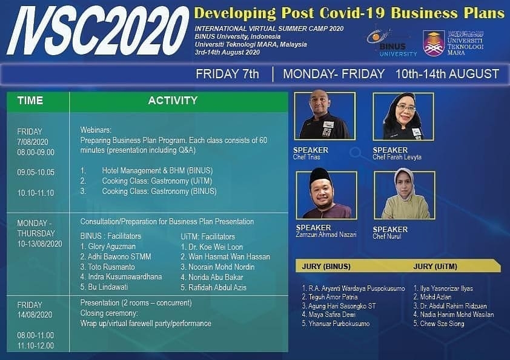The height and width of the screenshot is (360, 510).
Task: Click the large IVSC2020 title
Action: tap(98, 31)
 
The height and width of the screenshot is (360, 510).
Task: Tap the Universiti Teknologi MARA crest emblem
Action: tap(434, 43)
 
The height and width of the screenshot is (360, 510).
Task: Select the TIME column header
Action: tap(30, 100)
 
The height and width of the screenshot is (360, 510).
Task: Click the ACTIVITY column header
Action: tap(173, 100)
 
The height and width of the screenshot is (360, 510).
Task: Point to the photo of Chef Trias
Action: tap(325, 116)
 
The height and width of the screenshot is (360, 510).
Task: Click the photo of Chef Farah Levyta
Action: tap(403, 116)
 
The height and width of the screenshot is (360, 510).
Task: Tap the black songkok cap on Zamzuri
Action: tap(320, 176)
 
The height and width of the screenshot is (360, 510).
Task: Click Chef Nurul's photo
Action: tap(404, 195)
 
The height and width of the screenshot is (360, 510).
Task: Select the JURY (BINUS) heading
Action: tap(326, 267)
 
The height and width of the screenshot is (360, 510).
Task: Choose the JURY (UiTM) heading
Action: tap(435, 267)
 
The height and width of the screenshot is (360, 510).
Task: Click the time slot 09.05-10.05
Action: tap(36, 173)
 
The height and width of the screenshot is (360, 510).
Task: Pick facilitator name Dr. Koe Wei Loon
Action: tap(212, 247)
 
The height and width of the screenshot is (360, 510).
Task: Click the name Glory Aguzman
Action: tap(108, 247)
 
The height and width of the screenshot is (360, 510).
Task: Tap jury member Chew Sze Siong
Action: tap(439, 324)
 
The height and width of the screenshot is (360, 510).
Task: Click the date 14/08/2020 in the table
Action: tap(35, 315)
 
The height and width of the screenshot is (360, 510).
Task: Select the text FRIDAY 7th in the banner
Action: tap(227, 74)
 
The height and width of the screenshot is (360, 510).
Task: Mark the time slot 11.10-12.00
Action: tap(36, 345)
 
